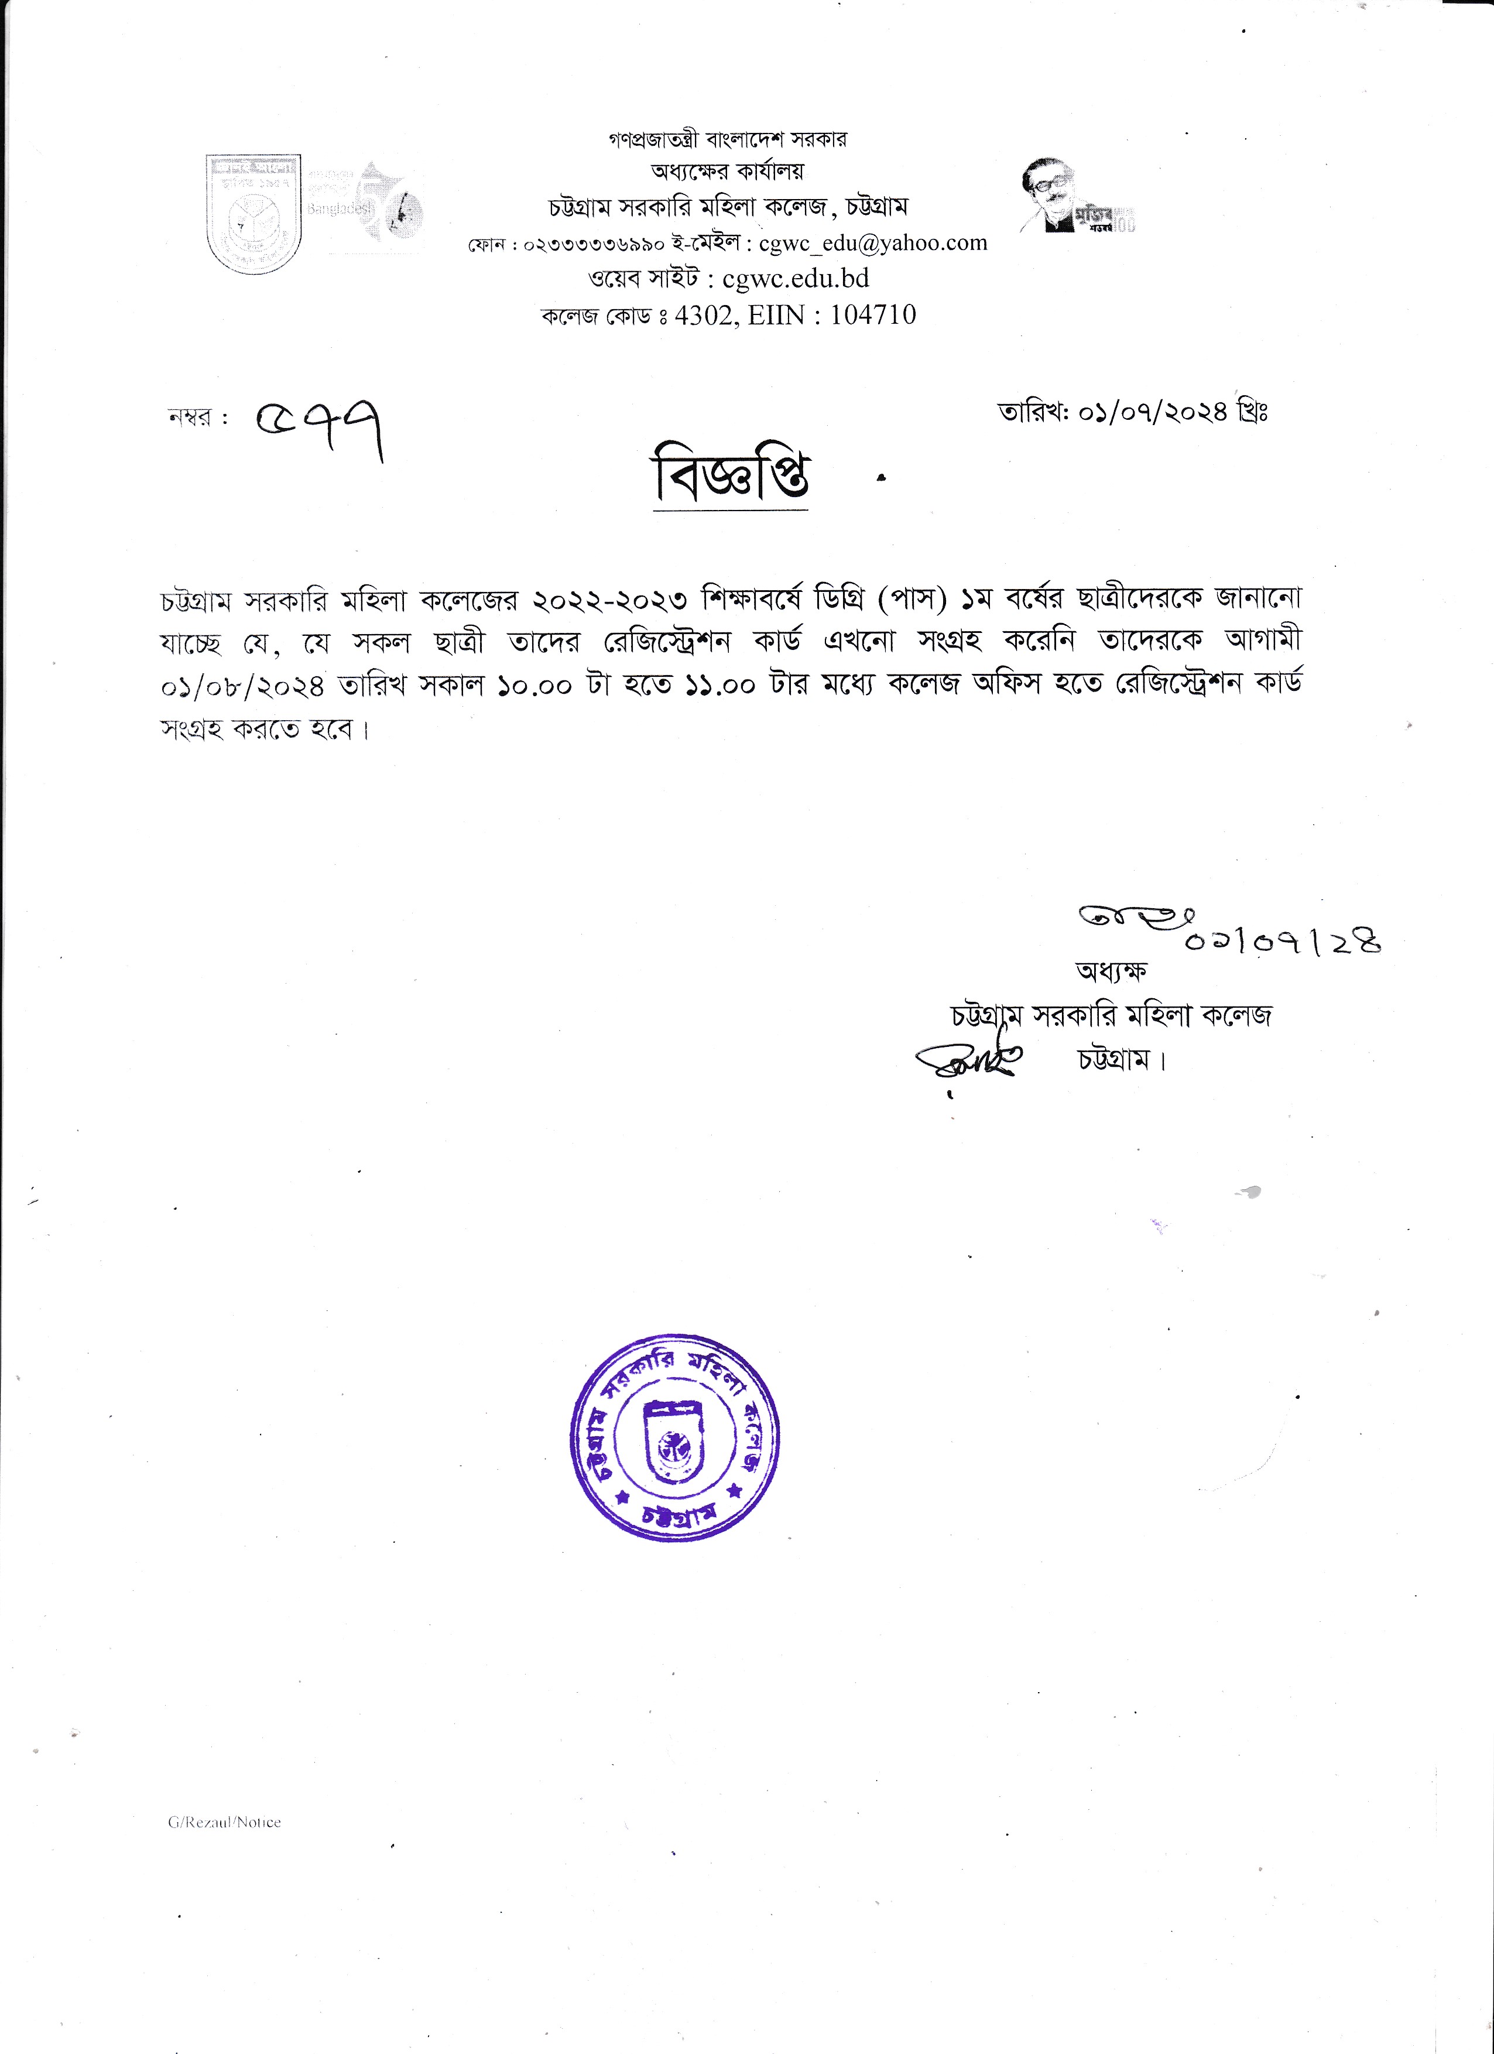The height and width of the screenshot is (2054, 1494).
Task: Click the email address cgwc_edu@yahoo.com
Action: [x=873, y=243]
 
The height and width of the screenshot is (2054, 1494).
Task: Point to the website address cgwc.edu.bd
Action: [x=796, y=278]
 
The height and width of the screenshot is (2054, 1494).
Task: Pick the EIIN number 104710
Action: [x=873, y=314]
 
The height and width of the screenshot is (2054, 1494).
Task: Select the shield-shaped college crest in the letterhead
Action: [x=253, y=214]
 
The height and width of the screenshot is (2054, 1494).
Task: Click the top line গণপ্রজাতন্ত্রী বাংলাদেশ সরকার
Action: [x=728, y=139]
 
